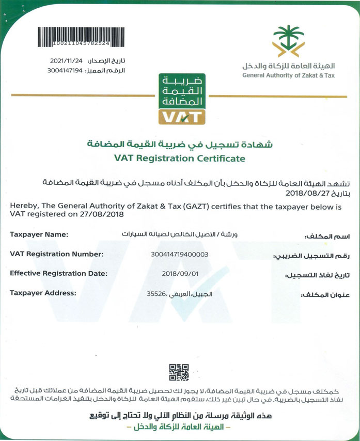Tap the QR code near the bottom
point(179,372)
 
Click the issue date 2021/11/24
point(67,60)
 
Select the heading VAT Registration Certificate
point(180,159)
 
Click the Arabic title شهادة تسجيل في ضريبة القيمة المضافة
point(180,143)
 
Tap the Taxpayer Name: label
point(39,235)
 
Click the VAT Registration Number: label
point(57,254)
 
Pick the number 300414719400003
point(179,254)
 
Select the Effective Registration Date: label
point(59,273)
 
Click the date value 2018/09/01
point(179,274)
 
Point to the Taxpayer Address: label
point(43,293)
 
